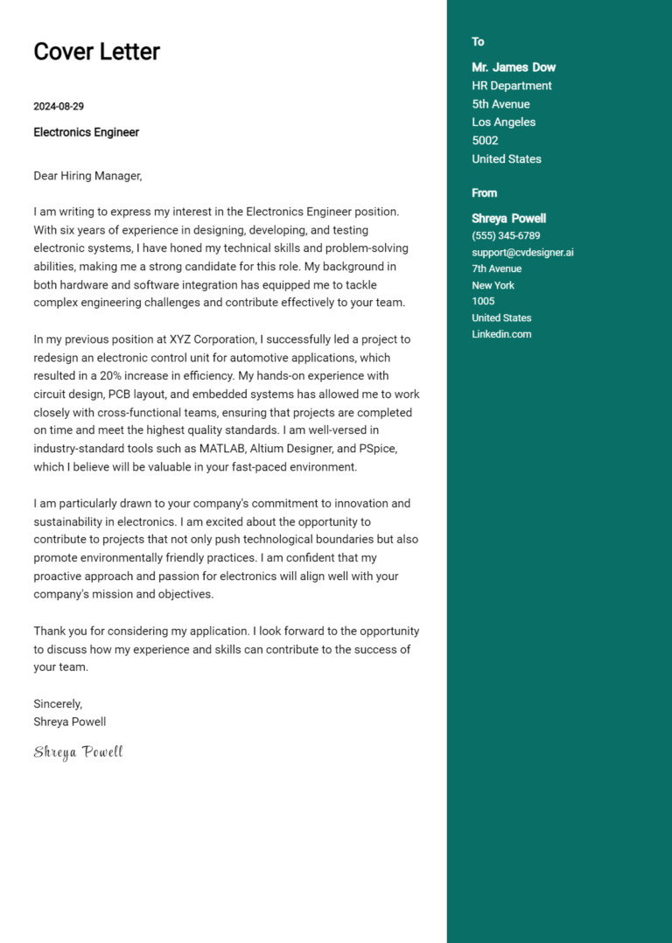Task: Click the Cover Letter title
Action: coord(96,52)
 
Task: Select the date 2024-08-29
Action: coord(59,107)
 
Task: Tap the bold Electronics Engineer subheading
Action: coord(86,132)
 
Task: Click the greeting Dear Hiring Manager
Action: coord(87,176)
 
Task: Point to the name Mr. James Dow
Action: coord(514,67)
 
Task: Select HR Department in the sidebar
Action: coord(512,86)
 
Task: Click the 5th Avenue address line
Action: coord(500,104)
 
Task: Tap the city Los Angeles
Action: coord(503,122)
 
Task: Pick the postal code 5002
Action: coord(485,141)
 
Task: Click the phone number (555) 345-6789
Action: coord(506,236)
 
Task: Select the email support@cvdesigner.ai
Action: coord(522,253)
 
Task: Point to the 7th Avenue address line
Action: coord(496,269)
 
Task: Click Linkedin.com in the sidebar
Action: coord(501,334)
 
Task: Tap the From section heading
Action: coord(484,193)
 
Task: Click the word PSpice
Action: coord(377,449)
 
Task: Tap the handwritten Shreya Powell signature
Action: coord(78,752)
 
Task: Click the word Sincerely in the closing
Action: coord(58,703)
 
